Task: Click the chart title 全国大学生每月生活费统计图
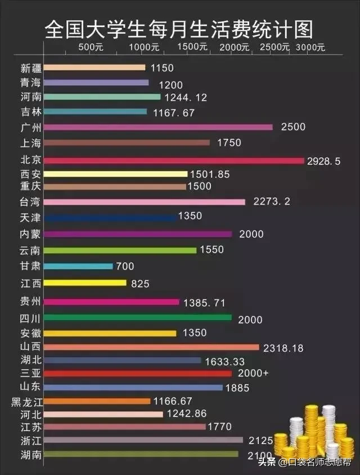179,28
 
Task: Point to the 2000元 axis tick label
235,48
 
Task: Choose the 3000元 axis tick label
310,48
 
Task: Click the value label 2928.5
324,162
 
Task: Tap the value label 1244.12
186,97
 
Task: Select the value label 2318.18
283,348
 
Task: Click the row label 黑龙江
27,402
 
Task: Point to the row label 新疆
31,68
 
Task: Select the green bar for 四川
137,317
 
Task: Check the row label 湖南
31,455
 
